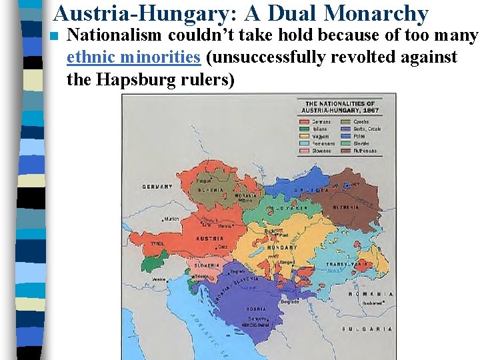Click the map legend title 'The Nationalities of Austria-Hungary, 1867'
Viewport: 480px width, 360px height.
click(339, 107)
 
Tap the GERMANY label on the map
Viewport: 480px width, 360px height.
click(157, 186)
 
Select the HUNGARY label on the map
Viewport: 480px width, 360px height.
click(281, 247)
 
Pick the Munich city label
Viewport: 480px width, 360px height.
click(172, 219)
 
